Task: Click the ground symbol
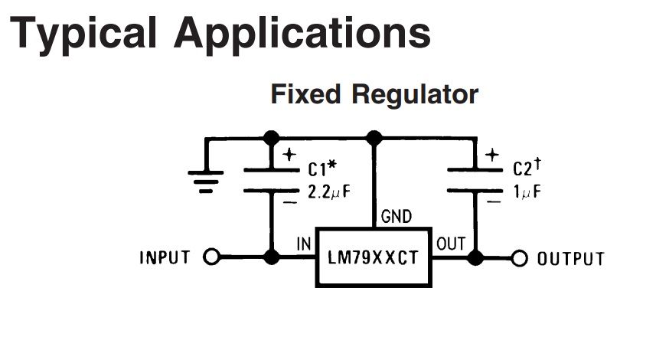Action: coord(206,181)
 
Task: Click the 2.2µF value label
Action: coord(330,192)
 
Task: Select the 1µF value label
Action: coord(527,192)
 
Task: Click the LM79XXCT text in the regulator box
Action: coord(373,257)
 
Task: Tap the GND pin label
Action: coord(395,218)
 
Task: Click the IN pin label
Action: coord(303,244)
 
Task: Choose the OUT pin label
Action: coord(450,244)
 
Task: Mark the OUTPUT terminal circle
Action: coord(521,257)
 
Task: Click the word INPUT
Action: coord(165,257)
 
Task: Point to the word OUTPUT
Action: coord(570,258)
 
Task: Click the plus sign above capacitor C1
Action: coord(289,154)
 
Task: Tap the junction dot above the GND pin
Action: coord(374,138)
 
